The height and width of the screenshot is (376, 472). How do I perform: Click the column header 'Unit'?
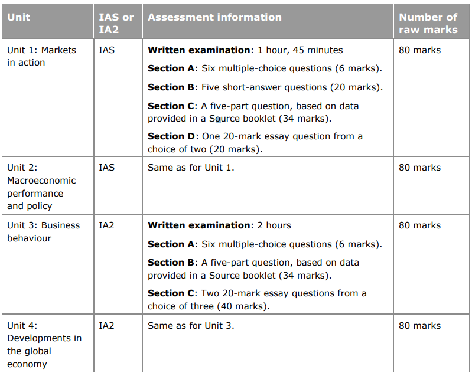(x=18, y=17)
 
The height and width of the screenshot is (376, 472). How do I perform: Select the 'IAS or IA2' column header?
(x=116, y=23)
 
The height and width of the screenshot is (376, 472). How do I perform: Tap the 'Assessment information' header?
(x=214, y=17)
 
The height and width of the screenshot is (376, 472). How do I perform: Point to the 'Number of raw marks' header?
(x=428, y=23)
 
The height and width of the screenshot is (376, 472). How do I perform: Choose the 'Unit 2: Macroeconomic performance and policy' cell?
(x=41, y=187)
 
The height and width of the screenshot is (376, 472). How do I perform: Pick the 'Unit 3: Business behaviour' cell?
(x=43, y=231)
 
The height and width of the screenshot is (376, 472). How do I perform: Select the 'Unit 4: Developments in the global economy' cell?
(x=44, y=345)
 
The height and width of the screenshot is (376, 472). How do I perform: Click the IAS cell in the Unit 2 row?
(x=107, y=168)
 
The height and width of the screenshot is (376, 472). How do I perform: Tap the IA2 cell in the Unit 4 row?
(x=107, y=326)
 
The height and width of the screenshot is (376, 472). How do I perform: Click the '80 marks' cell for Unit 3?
(x=419, y=225)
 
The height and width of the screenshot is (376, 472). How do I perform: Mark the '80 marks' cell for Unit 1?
(x=419, y=50)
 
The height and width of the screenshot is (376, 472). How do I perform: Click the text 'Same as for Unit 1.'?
(x=191, y=168)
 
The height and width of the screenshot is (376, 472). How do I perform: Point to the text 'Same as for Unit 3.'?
(x=191, y=326)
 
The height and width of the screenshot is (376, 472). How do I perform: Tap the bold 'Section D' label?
(x=171, y=136)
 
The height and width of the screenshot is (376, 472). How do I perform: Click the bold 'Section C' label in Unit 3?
(x=171, y=293)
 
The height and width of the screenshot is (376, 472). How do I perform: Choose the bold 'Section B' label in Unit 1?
(x=171, y=87)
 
